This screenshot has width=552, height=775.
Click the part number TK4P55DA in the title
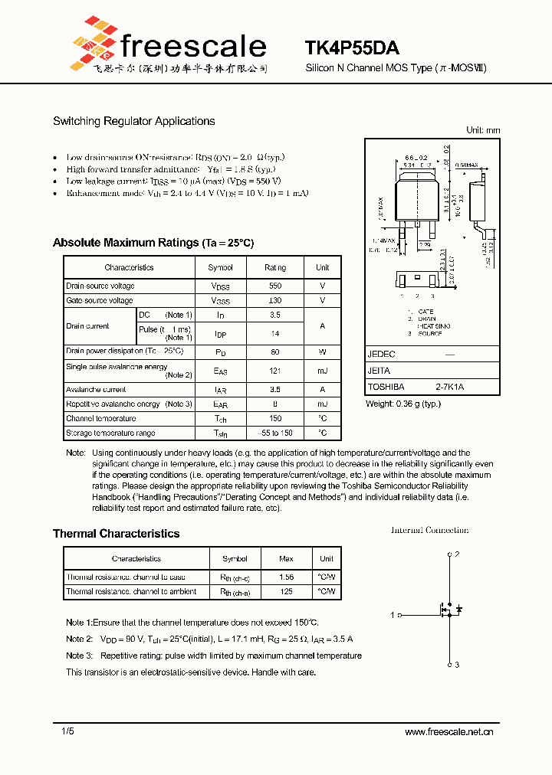point(351,47)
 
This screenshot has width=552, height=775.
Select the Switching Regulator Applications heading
point(133,121)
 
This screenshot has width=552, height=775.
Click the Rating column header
point(275,267)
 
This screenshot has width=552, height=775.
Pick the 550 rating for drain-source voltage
point(275,286)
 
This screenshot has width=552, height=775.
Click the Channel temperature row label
point(100,418)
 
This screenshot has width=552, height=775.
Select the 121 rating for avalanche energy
point(275,371)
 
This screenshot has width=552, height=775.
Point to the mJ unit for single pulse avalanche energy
point(322,371)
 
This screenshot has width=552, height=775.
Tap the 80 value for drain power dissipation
point(275,352)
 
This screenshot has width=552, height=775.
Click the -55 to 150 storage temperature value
point(275,433)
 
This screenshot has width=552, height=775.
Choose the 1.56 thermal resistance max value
point(286,577)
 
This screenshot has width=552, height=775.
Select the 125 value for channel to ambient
point(286,591)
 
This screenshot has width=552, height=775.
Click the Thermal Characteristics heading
point(116,534)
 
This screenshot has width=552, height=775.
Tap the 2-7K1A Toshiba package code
point(450,387)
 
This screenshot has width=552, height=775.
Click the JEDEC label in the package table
point(381,355)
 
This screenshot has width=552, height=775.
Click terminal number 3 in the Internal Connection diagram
point(457,665)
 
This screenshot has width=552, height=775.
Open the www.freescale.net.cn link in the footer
point(449,732)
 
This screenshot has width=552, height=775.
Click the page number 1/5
point(68,732)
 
